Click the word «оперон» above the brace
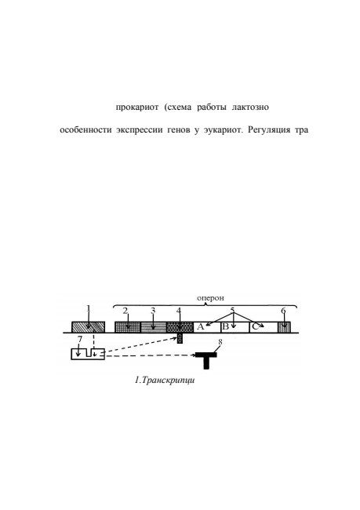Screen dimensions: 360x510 pyautogui.click(x=210, y=298)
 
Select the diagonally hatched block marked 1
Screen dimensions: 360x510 pyautogui.click(x=88, y=327)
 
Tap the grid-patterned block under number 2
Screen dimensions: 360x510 pyautogui.click(x=128, y=327)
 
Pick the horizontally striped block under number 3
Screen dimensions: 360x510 pyautogui.click(x=154, y=327)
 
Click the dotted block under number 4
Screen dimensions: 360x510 pyautogui.click(x=180, y=327)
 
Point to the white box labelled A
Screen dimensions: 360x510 pyautogui.click(x=207, y=327)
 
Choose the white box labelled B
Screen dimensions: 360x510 pyautogui.click(x=235, y=327)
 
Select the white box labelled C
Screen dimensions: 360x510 pyautogui.click(x=264, y=327)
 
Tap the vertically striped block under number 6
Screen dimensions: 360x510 pyautogui.click(x=284, y=327)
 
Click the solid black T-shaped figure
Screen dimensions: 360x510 pyautogui.click(x=205, y=358)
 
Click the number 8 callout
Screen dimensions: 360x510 pyautogui.click(x=220, y=342)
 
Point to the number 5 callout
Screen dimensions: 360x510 pyautogui.click(x=232, y=310)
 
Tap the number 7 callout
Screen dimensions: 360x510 pyautogui.click(x=80, y=339)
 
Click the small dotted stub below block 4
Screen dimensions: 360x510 pyautogui.click(x=180, y=338)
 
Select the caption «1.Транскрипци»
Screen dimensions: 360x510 pyautogui.click(x=165, y=380)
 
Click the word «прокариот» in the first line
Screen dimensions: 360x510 pyautogui.click(x=137, y=107)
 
